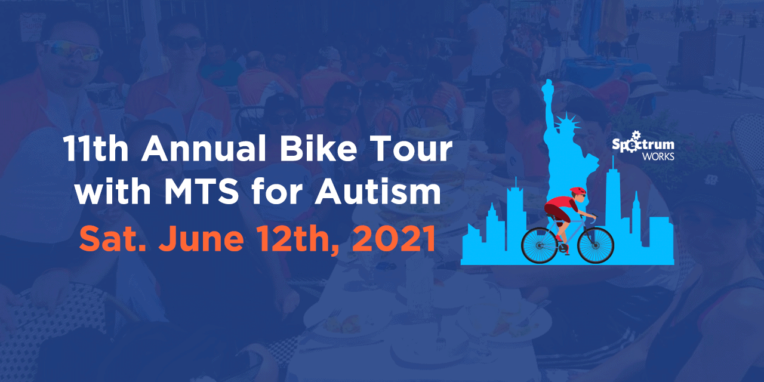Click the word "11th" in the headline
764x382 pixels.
(x=96, y=149)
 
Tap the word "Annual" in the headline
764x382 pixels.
(x=204, y=149)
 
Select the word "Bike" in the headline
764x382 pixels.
(x=319, y=149)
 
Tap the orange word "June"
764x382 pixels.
(x=201, y=238)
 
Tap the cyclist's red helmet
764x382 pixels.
(x=577, y=190)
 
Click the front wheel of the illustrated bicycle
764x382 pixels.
(x=596, y=245)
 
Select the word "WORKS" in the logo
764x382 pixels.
(x=658, y=156)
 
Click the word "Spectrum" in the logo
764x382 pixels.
(x=643, y=144)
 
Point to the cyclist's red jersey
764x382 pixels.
(x=560, y=204)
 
